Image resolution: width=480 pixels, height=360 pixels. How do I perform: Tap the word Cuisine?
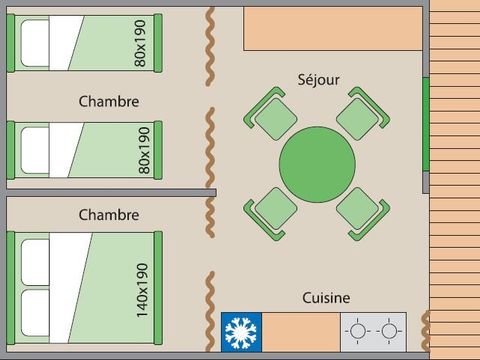pos(326,297)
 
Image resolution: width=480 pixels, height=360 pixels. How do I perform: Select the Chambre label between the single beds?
pos(108,101)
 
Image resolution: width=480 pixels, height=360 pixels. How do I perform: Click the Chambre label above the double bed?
pos(108,214)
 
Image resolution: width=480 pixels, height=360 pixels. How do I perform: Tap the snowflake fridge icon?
pos(241,329)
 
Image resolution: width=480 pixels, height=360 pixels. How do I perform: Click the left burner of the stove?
pos(359,329)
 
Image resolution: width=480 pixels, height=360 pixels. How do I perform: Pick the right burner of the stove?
pos(388,329)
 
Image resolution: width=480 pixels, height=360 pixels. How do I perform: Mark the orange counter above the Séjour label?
pos(333,29)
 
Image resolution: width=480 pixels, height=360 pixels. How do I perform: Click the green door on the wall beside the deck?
pos(426,125)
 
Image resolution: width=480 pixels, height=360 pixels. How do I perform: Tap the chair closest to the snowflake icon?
pos(270,210)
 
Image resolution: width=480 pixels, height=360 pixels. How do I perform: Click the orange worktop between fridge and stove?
pos(301,329)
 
